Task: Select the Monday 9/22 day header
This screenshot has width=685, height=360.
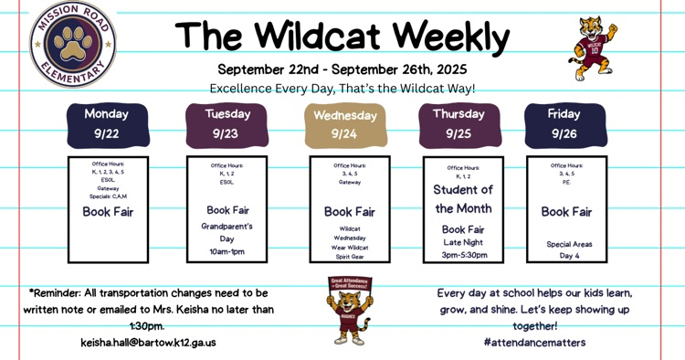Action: pyautogui.click(x=107, y=124)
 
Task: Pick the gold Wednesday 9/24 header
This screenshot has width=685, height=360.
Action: pyautogui.click(x=344, y=125)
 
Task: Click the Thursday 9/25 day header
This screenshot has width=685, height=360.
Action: pyautogui.click(x=458, y=124)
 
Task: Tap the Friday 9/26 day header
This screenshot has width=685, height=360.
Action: pyautogui.click(x=564, y=124)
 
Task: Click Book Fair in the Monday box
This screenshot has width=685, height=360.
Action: pyautogui.click(x=108, y=212)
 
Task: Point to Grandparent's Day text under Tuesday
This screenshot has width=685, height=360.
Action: pyautogui.click(x=227, y=232)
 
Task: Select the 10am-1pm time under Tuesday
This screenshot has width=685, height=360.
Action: pyautogui.click(x=227, y=251)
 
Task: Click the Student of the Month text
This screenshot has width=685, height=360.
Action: pyautogui.click(x=463, y=199)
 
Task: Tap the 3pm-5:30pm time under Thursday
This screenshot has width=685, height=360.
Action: pyautogui.click(x=463, y=255)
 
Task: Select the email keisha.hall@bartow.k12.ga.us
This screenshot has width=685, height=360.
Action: pyautogui.click(x=149, y=343)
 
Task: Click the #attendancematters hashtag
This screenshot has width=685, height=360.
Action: pyautogui.click(x=535, y=343)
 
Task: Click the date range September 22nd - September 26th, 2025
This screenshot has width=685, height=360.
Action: pyautogui.click(x=342, y=69)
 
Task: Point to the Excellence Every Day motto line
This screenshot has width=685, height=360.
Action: pyautogui.click(x=342, y=89)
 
